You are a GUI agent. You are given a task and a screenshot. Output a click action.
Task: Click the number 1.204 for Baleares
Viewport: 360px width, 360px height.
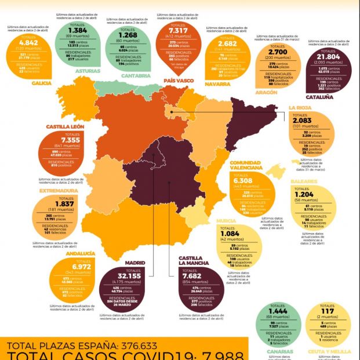(x=312, y=195)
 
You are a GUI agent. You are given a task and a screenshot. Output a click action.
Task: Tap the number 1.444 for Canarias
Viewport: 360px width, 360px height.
(x=278, y=311)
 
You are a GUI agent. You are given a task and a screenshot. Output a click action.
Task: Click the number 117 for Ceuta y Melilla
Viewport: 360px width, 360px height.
(x=331, y=311)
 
